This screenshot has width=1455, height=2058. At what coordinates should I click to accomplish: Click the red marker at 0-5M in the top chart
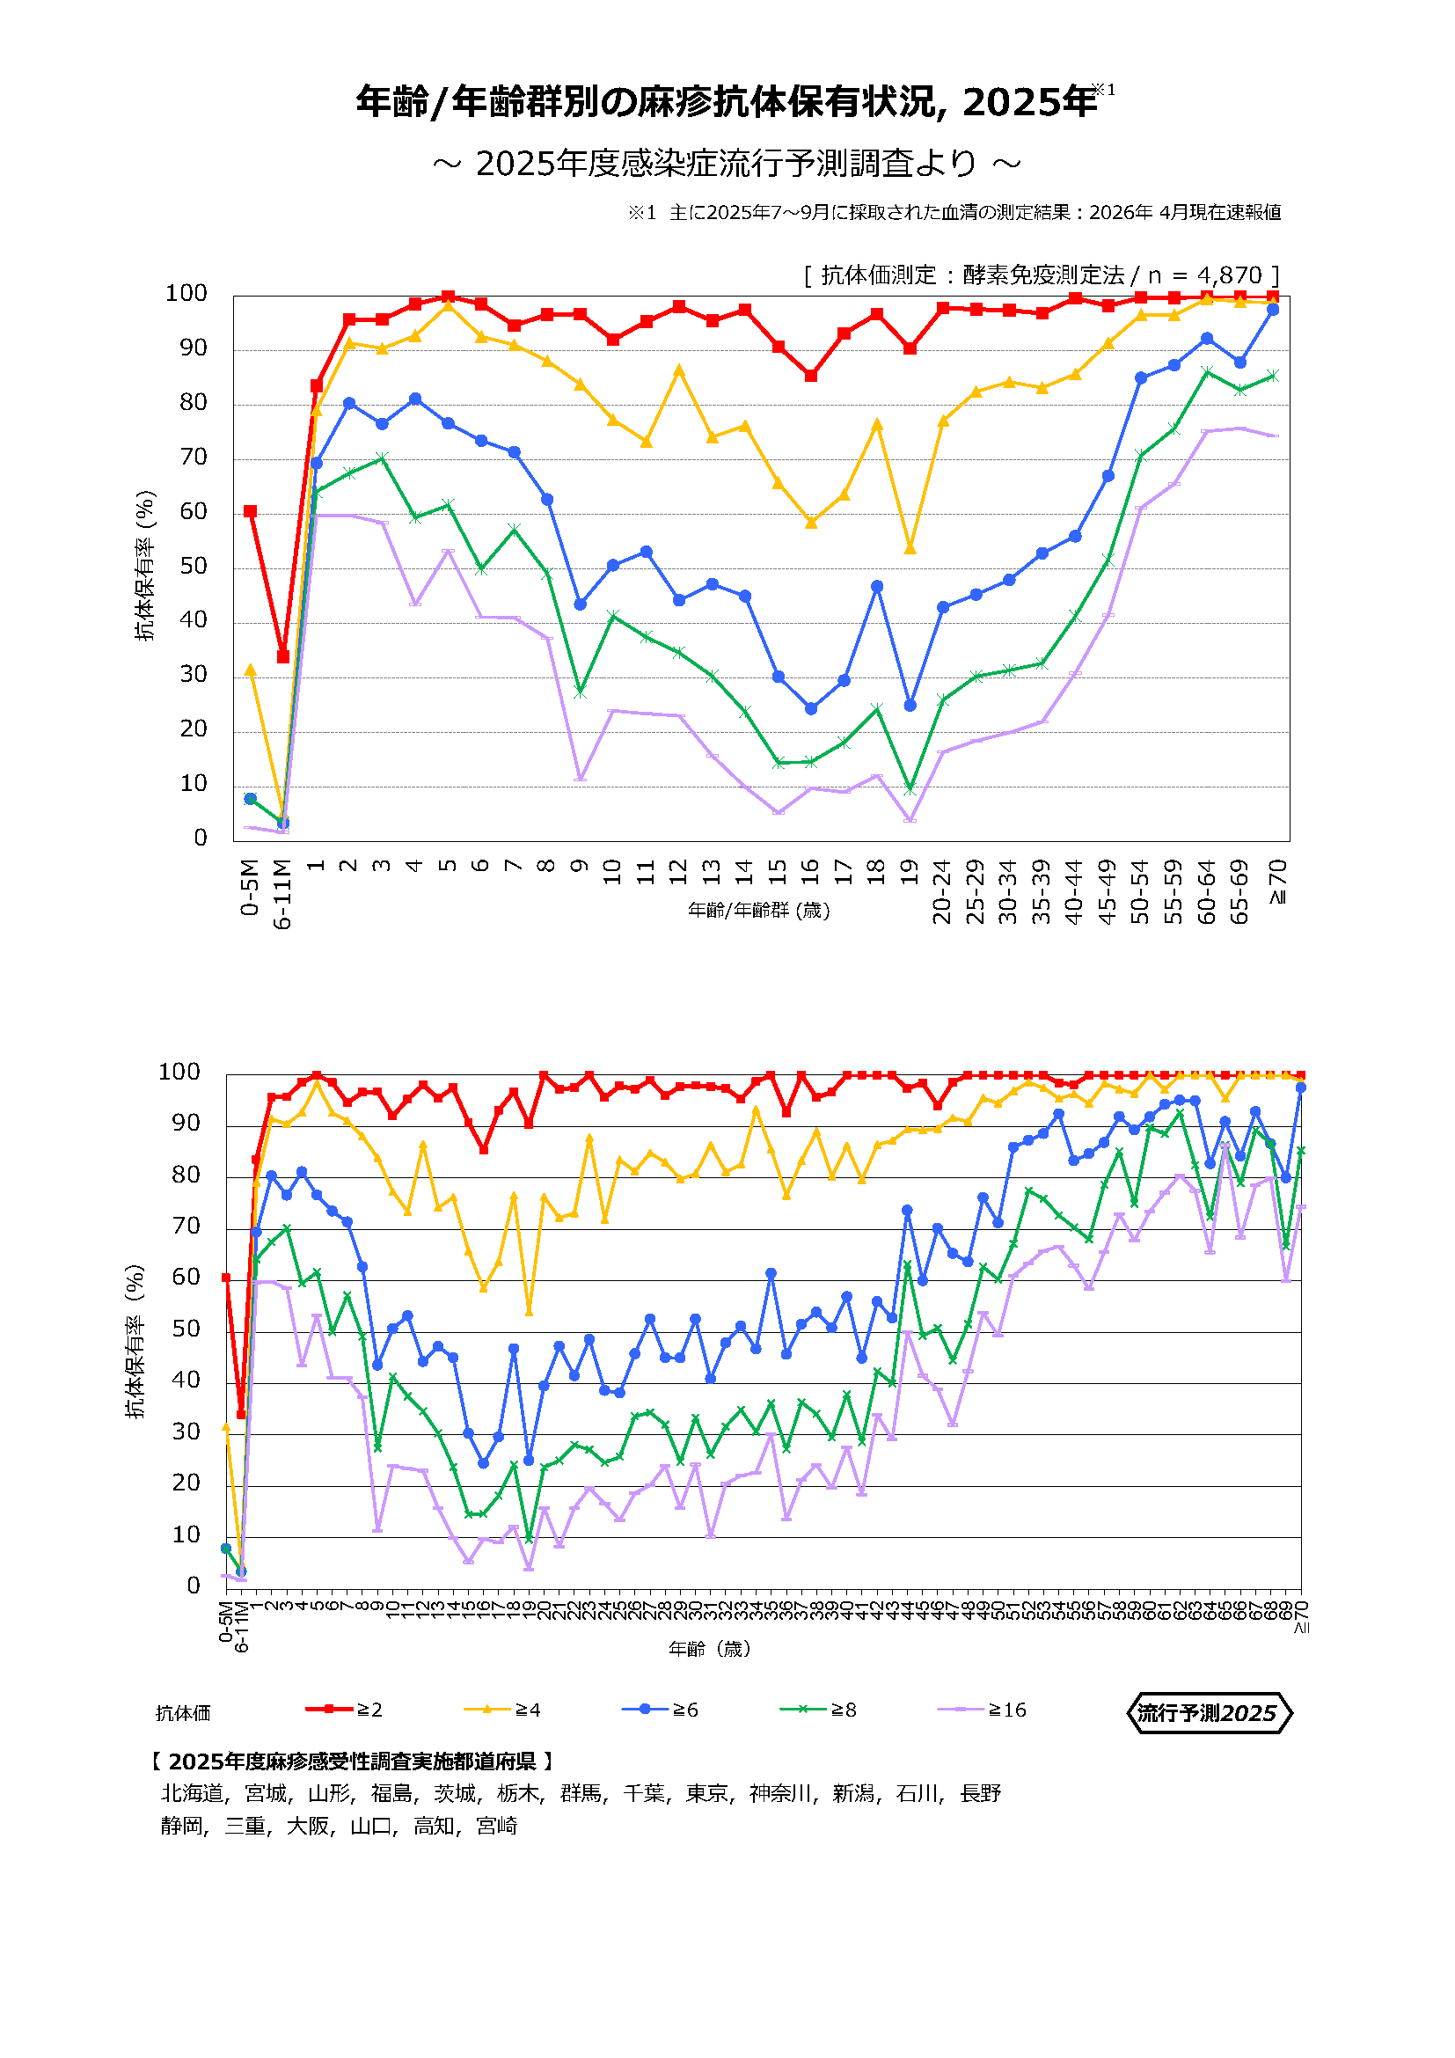(x=250, y=511)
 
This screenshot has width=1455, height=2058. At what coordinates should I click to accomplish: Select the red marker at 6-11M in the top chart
(x=283, y=657)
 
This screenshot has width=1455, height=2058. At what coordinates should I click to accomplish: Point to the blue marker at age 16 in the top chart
(x=811, y=708)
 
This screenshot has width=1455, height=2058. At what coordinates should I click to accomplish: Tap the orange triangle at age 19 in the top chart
(x=910, y=548)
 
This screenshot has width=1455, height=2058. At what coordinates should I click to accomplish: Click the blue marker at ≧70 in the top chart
(x=1272, y=309)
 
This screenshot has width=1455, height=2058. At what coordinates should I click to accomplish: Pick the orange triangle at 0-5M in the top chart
(x=250, y=670)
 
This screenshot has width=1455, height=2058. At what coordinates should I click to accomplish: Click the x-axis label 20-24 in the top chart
(x=941, y=891)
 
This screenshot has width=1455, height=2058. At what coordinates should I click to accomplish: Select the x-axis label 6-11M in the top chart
(x=283, y=894)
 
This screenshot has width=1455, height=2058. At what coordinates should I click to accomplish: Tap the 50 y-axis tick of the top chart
(x=193, y=566)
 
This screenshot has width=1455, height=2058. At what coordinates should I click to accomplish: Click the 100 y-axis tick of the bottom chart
(x=179, y=1071)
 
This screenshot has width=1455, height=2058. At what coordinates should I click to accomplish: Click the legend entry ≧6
(x=661, y=1710)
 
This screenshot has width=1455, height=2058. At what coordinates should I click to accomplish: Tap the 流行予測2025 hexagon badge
(x=1208, y=1713)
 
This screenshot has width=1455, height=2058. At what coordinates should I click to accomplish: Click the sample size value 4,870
(x=1229, y=275)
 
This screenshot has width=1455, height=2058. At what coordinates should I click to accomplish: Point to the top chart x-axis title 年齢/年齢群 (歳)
(x=759, y=911)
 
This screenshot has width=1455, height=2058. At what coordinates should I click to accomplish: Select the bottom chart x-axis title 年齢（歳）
(x=710, y=1648)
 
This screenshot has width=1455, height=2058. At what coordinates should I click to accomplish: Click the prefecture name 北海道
(x=192, y=1792)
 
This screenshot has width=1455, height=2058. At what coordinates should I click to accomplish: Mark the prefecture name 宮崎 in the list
(x=496, y=1826)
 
